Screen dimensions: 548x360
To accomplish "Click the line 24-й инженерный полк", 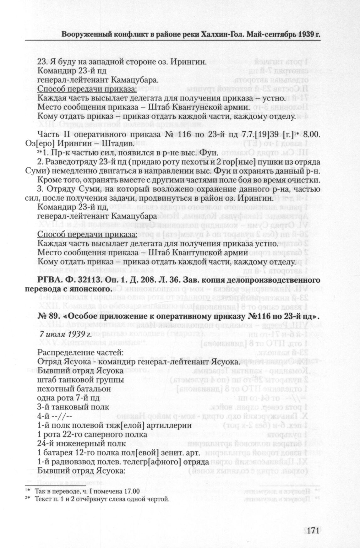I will coord(77,444).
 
